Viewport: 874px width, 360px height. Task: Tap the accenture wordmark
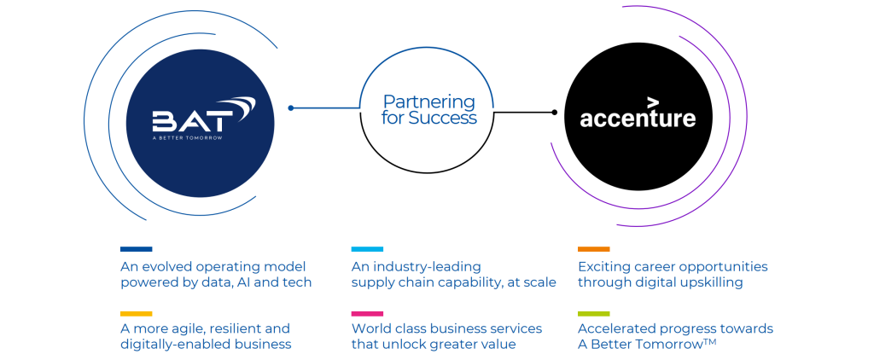tap(638, 118)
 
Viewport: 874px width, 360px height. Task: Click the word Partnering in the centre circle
tap(428, 101)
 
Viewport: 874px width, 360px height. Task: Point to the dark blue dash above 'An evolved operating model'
tap(137, 249)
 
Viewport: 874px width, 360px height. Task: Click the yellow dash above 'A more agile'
tap(137, 313)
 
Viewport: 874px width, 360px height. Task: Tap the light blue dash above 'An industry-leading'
tap(367, 249)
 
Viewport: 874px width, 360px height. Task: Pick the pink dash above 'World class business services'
tap(367, 313)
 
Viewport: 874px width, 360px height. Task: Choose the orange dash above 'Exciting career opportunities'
tap(593, 249)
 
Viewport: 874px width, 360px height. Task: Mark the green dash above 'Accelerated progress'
tap(593, 313)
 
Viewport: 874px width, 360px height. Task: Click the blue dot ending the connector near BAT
tap(291, 108)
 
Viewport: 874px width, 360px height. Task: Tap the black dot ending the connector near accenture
tap(554, 112)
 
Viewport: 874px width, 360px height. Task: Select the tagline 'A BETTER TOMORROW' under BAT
tap(186, 137)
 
